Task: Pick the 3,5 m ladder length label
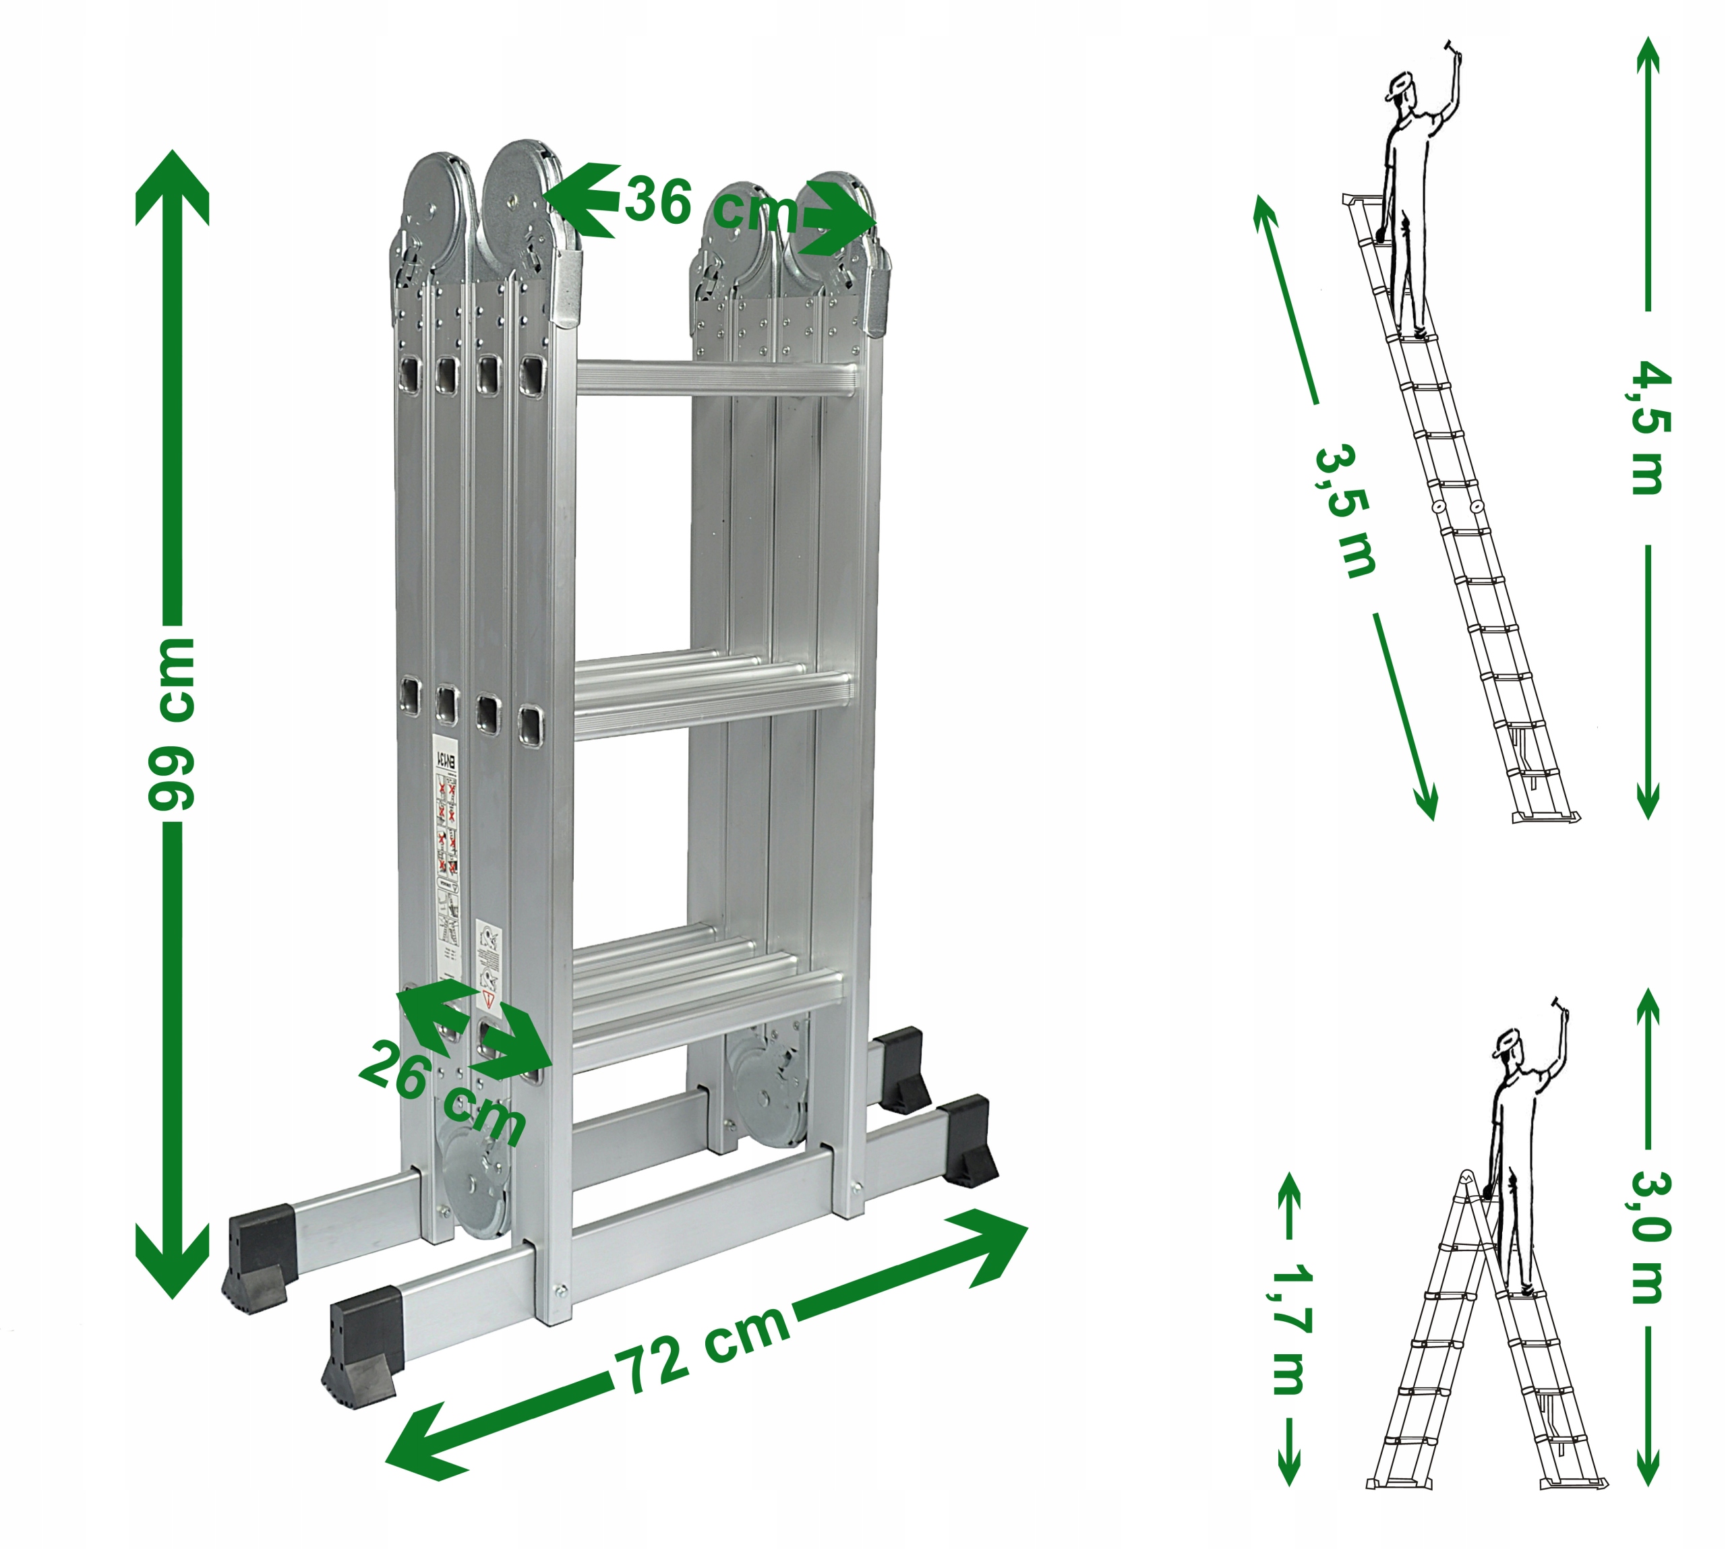coord(1344,511)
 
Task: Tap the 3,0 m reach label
coord(1649,1238)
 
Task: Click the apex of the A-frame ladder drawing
coord(1466,1177)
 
